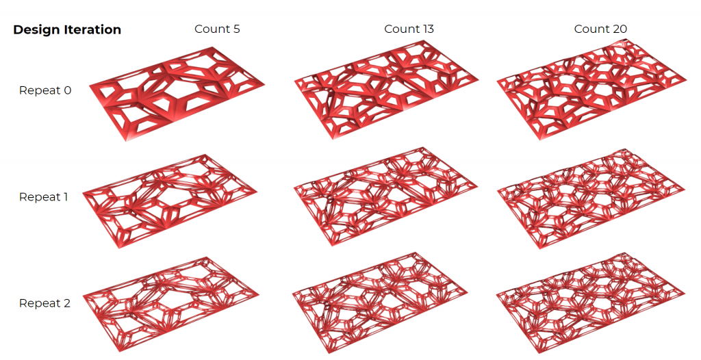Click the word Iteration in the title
point(93,29)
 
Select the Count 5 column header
point(217,29)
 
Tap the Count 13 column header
point(409,29)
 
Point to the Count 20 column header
point(600,29)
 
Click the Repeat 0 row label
point(45,90)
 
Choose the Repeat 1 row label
point(43,197)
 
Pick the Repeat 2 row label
point(44,303)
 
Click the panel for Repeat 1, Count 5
point(170,201)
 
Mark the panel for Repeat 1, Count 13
point(385,197)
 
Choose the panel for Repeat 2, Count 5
point(170,304)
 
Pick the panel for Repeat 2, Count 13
point(385,303)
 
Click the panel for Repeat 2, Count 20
point(591,303)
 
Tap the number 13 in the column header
point(427,29)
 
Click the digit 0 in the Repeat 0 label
point(67,90)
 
